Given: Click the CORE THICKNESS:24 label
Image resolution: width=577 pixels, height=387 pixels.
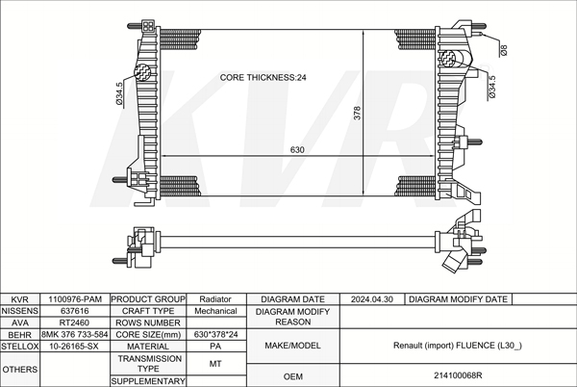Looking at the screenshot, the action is (263, 77).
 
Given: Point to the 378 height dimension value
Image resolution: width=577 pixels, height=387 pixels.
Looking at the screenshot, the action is (357, 113).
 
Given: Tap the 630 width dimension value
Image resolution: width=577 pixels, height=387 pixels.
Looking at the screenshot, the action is (297, 149).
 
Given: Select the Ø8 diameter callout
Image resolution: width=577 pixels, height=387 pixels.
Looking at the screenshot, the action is (504, 50).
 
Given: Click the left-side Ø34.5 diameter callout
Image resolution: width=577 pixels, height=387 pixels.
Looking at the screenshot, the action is (119, 93).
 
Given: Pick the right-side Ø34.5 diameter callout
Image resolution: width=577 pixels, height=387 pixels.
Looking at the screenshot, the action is (492, 87).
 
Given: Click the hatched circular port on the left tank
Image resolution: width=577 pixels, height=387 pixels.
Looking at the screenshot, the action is (142, 72).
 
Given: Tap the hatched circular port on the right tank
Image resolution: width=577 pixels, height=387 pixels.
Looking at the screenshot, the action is (448, 59).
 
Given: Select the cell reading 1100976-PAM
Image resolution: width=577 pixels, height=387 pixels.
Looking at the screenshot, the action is (75, 299).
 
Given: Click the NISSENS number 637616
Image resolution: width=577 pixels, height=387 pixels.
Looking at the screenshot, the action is (75, 311).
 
